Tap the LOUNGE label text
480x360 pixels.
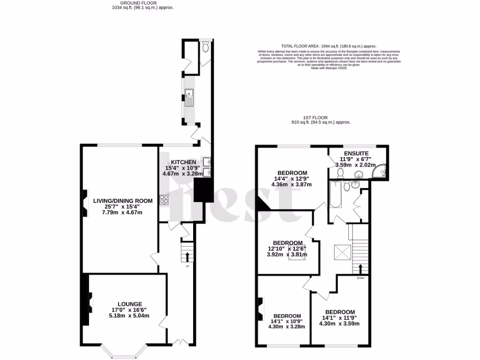click(x=130, y=304)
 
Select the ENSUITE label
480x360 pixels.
click(x=356, y=153)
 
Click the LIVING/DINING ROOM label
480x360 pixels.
click(x=123, y=201)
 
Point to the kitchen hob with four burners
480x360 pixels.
click(x=164, y=200)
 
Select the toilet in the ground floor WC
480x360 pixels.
click(x=205, y=47)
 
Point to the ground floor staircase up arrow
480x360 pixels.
click(x=187, y=256)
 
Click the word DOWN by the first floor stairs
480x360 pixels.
click(x=360, y=278)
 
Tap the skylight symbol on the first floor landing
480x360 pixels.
click(x=343, y=253)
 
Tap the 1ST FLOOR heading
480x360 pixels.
click(x=315, y=118)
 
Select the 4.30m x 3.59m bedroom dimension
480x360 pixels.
click(x=339, y=323)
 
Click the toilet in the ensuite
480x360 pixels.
click(x=341, y=174)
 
